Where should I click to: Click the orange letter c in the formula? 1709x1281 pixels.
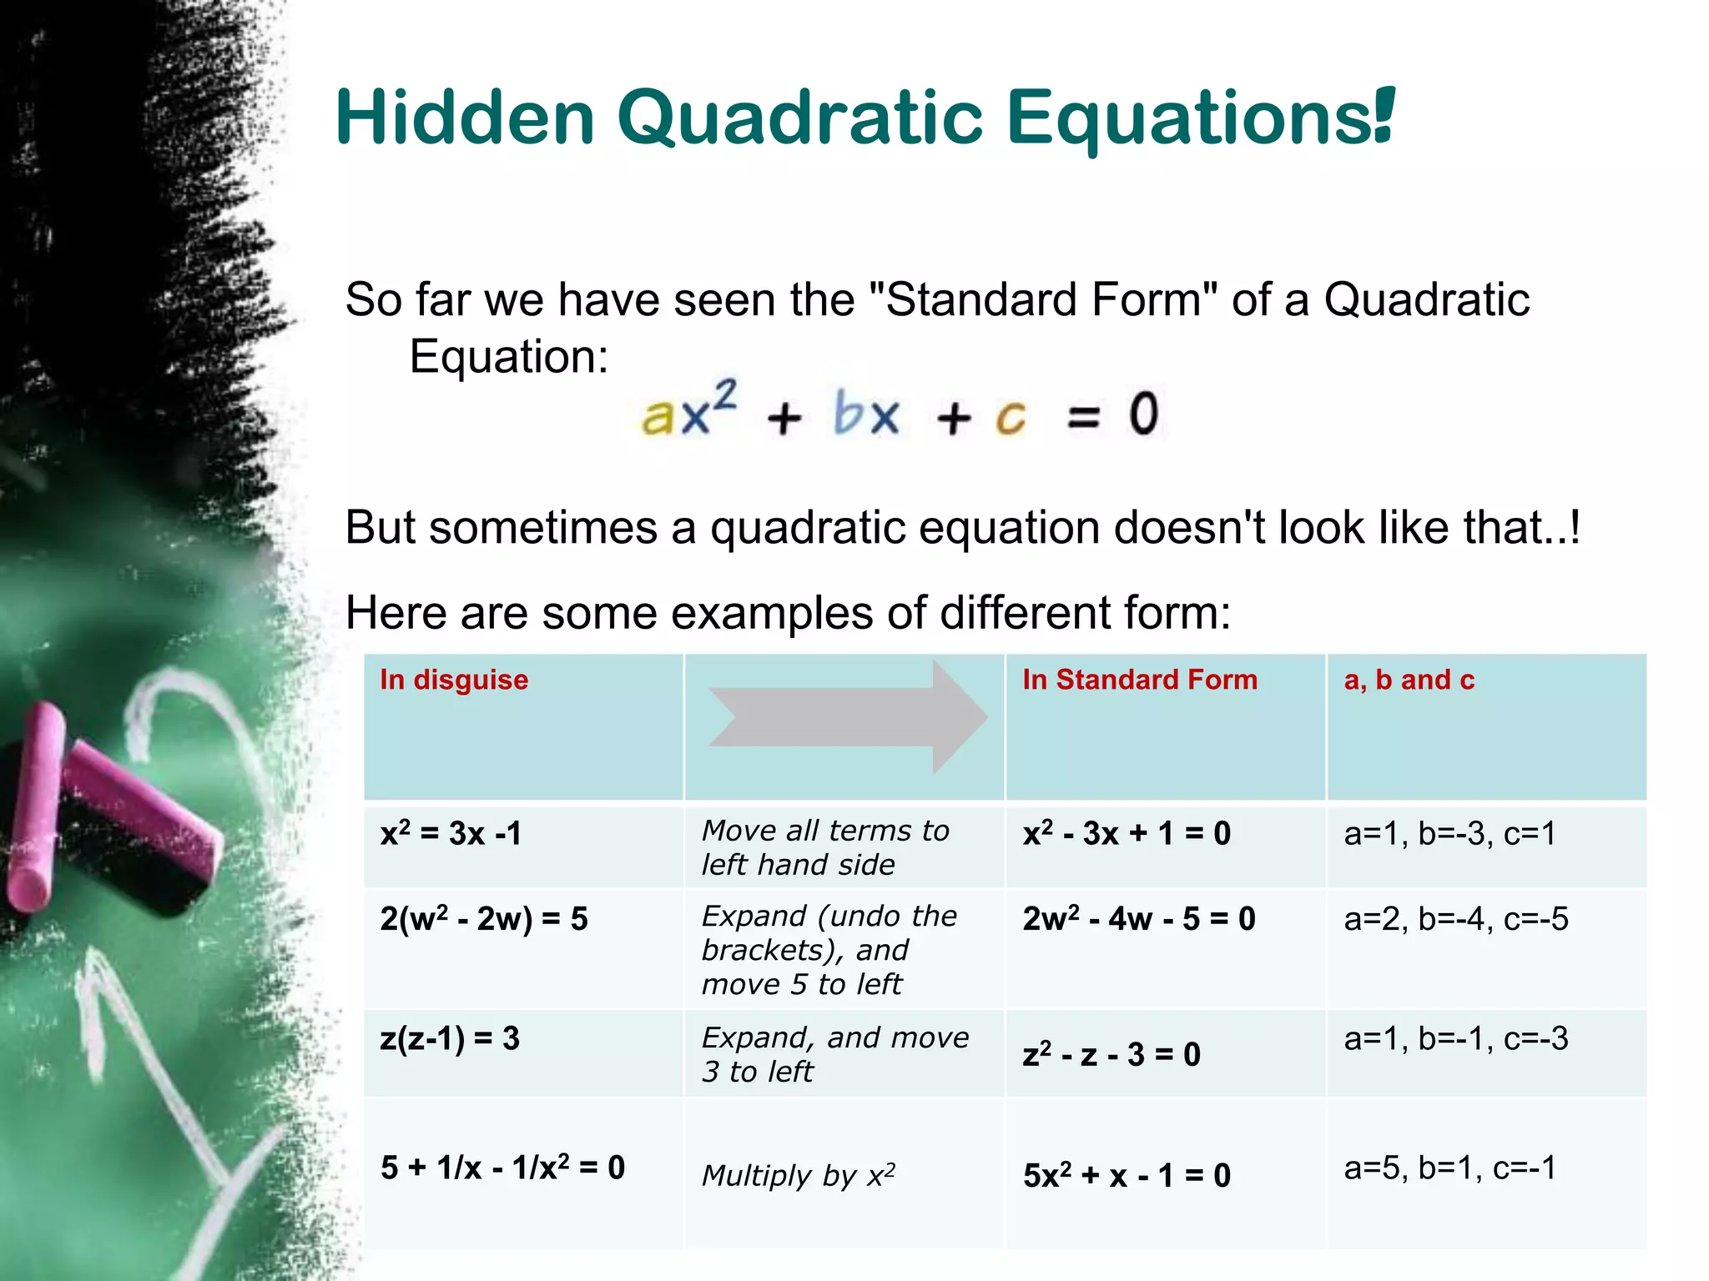pyautogui.click(x=1011, y=416)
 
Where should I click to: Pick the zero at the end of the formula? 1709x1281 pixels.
pyautogui.click(x=1143, y=414)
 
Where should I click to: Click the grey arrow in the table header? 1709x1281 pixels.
pyautogui.click(x=847, y=716)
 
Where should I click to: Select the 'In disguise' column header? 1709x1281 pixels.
pyautogui.click(x=454, y=680)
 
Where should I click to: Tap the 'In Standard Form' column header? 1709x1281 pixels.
pyautogui.click(x=1139, y=680)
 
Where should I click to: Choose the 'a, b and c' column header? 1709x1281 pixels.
pyautogui.click(x=1409, y=680)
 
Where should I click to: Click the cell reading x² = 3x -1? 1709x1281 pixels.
pyautogui.click(x=451, y=833)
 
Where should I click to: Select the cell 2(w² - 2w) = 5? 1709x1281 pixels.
pyautogui.click(x=484, y=919)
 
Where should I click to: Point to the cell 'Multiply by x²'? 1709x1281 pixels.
pyautogui.click(x=798, y=1175)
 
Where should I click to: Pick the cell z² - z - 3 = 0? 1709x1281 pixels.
pyautogui.click(x=1111, y=1054)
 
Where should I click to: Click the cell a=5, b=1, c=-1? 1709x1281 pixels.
pyautogui.click(x=1449, y=1168)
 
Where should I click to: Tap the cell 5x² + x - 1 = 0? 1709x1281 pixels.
pyautogui.click(x=1127, y=1175)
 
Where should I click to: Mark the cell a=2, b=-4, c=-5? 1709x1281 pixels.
pyautogui.click(x=1455, y=919)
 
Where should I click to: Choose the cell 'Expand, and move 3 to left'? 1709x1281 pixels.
pyautogui.click(x=834, y=1054)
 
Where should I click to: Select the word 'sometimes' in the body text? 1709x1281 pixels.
pyautogui.click(x=543, y=528)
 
